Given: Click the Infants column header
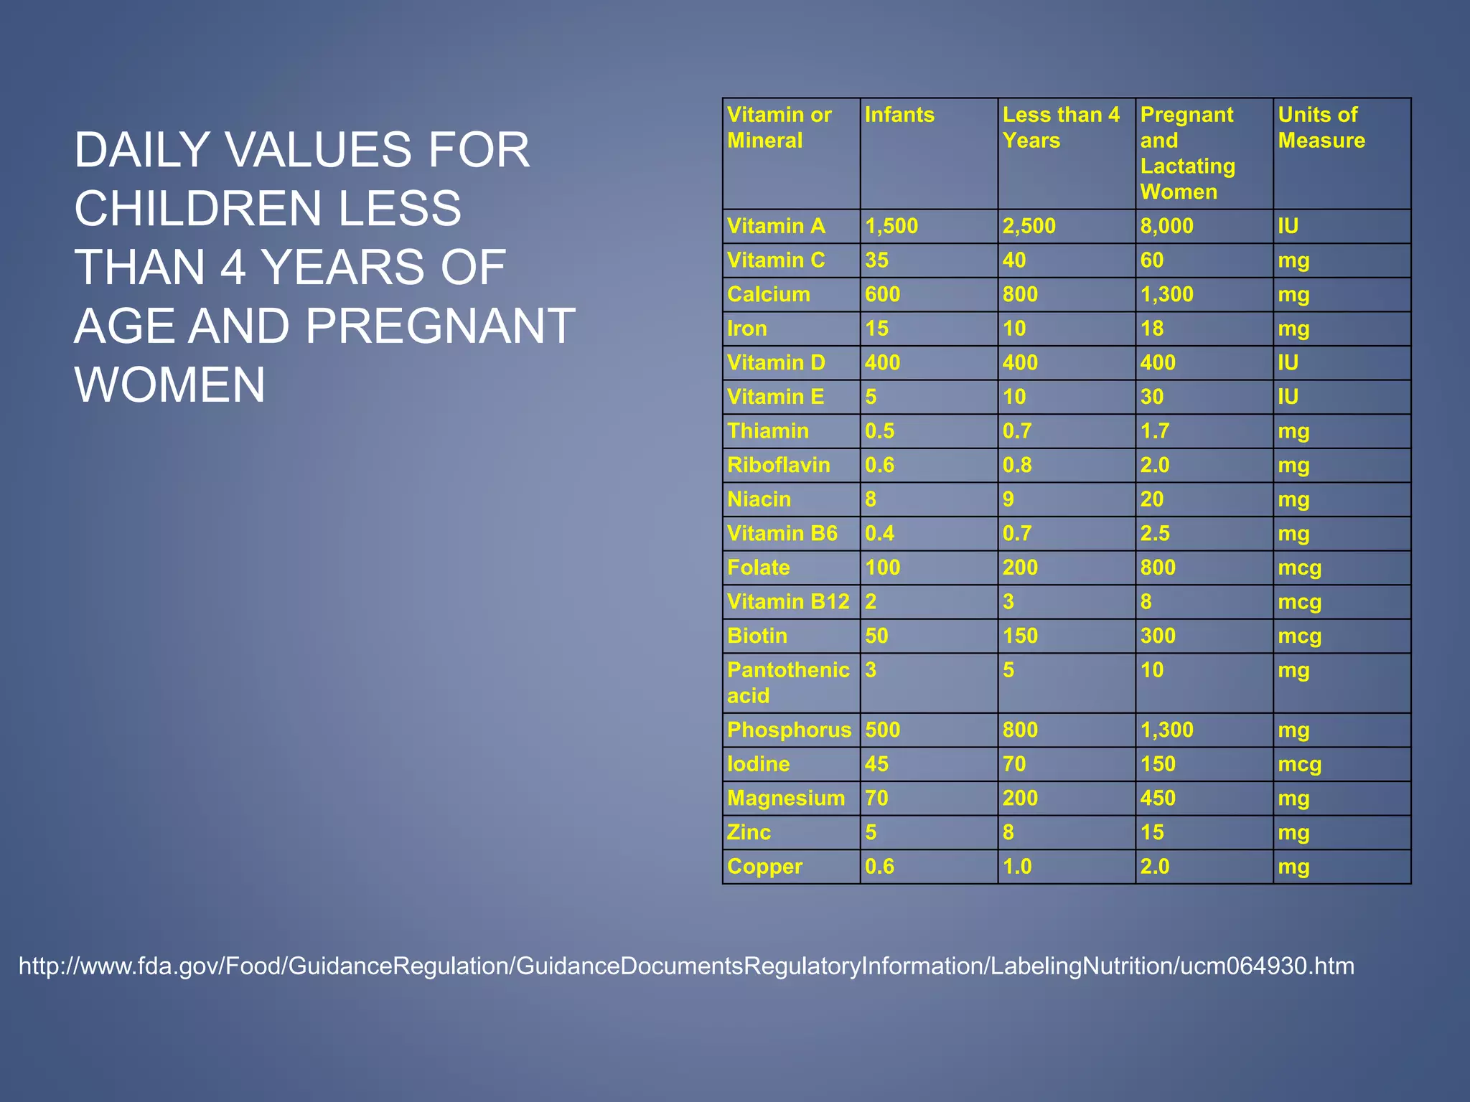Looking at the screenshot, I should pyautogui.click(x=899, y=115).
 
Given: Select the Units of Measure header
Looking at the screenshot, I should pyautogui.click(x=1321, y=128).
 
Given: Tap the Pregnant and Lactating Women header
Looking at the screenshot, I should pyautogui.click(x=1187, y=153).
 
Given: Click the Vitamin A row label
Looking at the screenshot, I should pyautogui.click(x=776, y=226).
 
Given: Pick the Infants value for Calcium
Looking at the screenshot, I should pyautogui.click(x=882, y=294).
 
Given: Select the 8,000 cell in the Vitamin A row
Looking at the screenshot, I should pyautogui.click(x=1166, y=226).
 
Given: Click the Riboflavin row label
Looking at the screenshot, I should pyautogui.click(x=778, y=465).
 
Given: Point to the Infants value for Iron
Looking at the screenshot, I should pyautogui.click(x=876, y=329).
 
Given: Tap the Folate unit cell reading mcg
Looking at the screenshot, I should pyautogui.click(x=1299, y=568).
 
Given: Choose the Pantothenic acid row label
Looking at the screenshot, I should pyautogui.click(x=787, y=682).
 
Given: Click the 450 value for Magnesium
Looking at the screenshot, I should pyautogui.click(x=1158, y=798).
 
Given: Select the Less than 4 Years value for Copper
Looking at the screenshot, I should pyautogui.click(x=1017, y=866).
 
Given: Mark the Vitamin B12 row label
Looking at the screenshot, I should pyautogui.click(x=788, y=601).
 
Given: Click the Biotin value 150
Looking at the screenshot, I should pyautogui.click(x=1020, y=636).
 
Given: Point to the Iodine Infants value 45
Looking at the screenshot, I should pyautogui.click(x=876, y=763).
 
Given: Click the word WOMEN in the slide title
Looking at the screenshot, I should pyautogui.click(x=170, y=385).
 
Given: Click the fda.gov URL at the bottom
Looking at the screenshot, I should pyautogui.click(x=686, y=966).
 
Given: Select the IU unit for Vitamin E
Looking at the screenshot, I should pyautogui.click(x=1288, y=397).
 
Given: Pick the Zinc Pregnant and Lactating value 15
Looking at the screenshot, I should pyautogui.click(x=1152, y=832).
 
